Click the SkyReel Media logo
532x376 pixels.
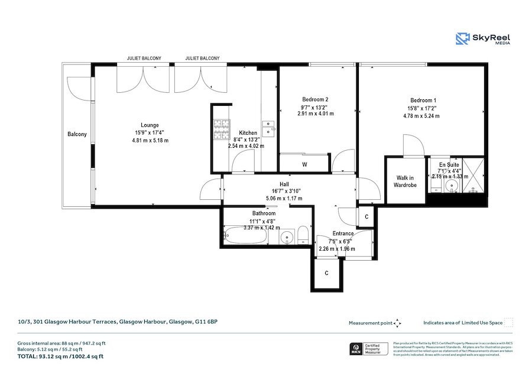(483, 39)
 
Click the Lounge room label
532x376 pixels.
(150, 125)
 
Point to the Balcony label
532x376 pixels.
(77, 134)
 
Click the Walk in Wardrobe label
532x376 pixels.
(405, 181)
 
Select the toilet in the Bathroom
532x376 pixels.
(302, 235)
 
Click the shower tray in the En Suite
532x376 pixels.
(475, 176)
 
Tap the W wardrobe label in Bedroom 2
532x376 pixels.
(304, 164)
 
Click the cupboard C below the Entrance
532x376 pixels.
(327, 273)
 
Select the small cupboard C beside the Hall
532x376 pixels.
(366, 216)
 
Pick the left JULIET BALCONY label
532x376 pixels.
(144, 59)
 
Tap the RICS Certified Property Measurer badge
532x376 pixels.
(369, 349)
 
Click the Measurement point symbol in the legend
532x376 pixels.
(398, 323)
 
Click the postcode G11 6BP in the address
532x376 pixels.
(206, 322)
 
